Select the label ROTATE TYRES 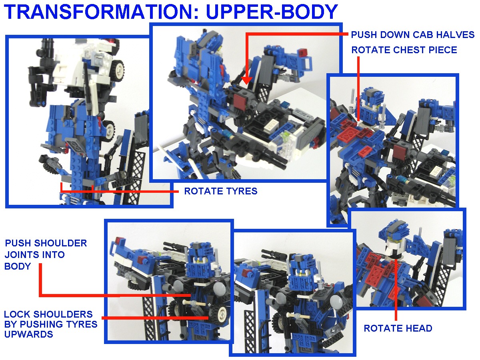(221, 191)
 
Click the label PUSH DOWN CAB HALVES (413, 35)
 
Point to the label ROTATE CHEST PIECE (404, 50)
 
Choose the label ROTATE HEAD (398, 328)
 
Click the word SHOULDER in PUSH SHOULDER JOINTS (60, 243)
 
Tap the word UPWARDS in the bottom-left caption (29, 334)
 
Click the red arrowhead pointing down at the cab (246, 80)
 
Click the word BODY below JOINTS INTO (18, 266)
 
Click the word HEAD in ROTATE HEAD (418, 328)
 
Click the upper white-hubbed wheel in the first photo (116, 69)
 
